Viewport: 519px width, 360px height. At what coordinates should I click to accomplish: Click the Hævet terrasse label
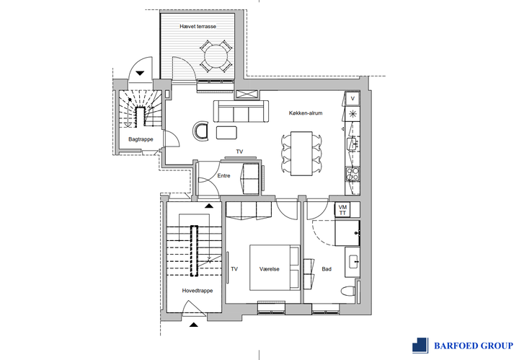[198, 26]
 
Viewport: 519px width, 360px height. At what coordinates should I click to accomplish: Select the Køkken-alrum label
[306, 113]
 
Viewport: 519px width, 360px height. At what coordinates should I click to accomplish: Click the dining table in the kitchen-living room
[301, 154]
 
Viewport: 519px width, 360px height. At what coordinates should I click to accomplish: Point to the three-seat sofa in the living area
[241, 111]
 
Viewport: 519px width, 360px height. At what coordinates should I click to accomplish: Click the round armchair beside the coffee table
[201, 131]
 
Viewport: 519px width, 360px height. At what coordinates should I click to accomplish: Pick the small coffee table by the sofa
[226, 133]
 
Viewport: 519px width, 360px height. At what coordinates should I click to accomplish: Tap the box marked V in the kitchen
[352, 99]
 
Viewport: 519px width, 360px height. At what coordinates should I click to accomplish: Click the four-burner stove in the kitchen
[352, 174]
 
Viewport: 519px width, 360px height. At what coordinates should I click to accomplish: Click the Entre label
[223, 176]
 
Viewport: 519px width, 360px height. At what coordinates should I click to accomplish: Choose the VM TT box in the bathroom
[342, 210]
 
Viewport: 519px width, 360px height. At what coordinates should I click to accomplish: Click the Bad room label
[327, 269]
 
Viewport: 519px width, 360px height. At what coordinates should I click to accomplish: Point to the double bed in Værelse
[275, 268]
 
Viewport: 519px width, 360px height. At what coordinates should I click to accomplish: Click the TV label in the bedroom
[234, 269]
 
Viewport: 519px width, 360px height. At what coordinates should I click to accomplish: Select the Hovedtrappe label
[198, 291]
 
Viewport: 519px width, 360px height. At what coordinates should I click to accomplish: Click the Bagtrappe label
[141, 139]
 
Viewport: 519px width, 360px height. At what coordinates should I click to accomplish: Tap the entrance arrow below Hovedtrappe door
[194, 325]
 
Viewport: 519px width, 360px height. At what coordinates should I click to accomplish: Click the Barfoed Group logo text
[474, 346]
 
